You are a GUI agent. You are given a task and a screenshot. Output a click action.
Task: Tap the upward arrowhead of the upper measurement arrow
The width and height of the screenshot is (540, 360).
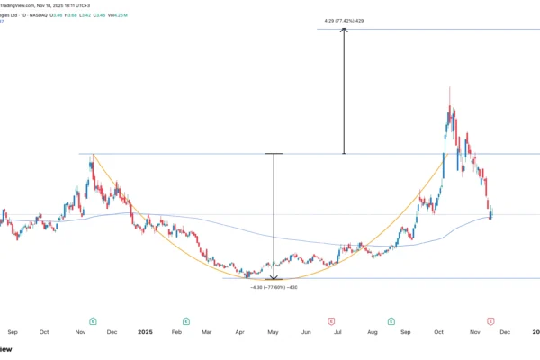coord(343,31)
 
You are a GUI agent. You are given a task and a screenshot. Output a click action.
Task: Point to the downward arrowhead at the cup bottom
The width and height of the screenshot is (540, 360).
coord(274,277)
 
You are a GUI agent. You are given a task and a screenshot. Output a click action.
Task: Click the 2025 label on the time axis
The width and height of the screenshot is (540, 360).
coord(143,332)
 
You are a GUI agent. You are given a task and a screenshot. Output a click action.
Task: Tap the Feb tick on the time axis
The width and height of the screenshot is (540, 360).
coord(176,332)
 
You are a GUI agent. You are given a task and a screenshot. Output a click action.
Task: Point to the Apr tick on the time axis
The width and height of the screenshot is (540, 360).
coord(240,332)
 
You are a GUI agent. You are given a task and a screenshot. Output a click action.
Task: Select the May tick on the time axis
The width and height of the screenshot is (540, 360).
coord(273,332)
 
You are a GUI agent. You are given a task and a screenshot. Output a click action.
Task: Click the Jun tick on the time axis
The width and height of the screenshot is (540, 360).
coord(306,332)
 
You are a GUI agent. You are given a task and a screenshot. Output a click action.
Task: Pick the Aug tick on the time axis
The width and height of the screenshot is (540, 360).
coord(372,332)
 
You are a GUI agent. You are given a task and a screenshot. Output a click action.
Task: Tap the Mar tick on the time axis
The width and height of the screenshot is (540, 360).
coord(208,332)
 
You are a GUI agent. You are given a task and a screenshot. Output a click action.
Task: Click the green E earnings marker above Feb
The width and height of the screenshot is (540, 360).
coord(186,319)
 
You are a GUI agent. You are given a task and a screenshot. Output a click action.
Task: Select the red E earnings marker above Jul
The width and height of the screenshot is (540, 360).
coord(331,319)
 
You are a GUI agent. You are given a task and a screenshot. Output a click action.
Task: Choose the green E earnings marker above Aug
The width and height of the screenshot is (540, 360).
coord(391,319)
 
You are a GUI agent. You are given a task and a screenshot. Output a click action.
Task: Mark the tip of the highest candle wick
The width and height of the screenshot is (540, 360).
coord(449,88)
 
